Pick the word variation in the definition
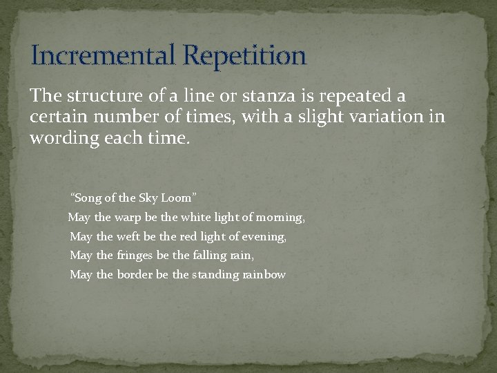[x=385, y=116]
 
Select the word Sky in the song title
[x=148, y=198]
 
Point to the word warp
[x=128, y=218]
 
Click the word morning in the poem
[x=283, y=218]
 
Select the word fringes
[x=135, y=256]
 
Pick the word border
[x=135, y=275]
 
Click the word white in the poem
[x=195, y=218]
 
